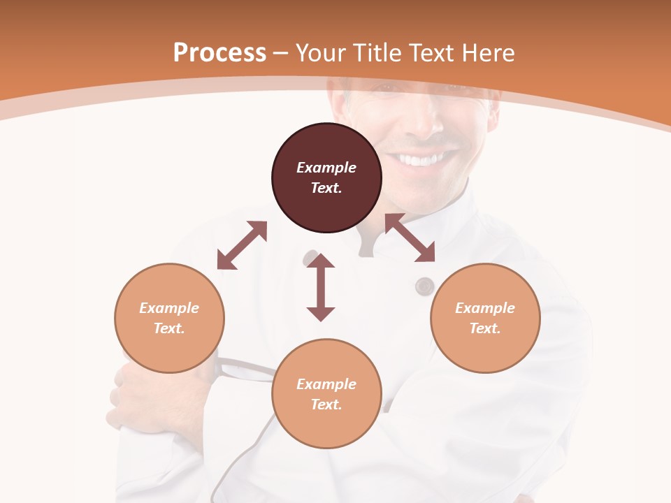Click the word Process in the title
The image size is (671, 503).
(x=219, y=53)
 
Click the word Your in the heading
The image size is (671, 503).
(x=318, y=53)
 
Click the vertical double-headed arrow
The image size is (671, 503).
(x=321, y=287)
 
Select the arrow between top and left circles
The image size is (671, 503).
(x=242, y=245)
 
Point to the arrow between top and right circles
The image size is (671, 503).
(x=410, y=238)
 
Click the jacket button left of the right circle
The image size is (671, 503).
(x=424, y=286)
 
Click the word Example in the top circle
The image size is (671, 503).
(x=326, y=168)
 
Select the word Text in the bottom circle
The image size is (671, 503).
(x=326, y=404)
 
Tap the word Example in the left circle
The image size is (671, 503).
(x=169, y=308)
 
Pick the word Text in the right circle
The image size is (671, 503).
(x=485, y=328)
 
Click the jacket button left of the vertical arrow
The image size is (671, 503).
(x=310, y=258)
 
